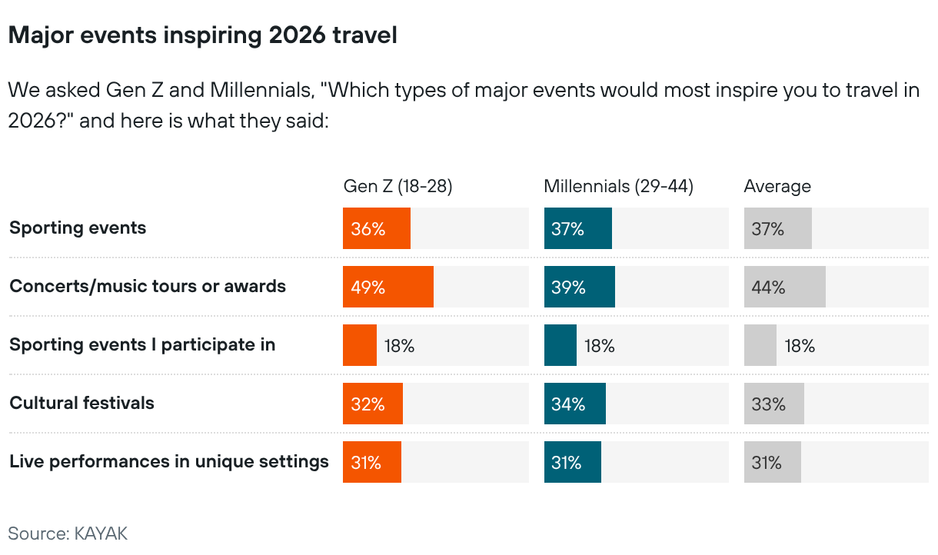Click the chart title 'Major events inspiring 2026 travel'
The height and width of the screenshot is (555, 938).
pos(202,35)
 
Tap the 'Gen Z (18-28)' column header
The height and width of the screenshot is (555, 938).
pos(397,186)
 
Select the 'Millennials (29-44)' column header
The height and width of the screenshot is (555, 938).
pos(618,186)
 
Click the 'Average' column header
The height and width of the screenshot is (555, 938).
pos(777,186)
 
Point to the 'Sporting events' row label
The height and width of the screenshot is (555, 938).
pos(78,228)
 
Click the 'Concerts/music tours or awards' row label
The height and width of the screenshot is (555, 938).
pos(148,287)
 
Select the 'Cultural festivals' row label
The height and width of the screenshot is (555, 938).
pos(81,404)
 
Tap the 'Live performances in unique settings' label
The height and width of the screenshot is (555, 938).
pos(169,462)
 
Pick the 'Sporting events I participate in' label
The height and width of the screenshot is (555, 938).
pos(142,345)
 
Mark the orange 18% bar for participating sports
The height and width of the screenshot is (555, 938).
pos(359,346)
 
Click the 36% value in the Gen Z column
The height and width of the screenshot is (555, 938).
pos(368,229)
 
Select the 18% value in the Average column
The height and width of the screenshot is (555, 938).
pos(800,346)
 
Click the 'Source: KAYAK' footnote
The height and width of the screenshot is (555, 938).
pos(68,533)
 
